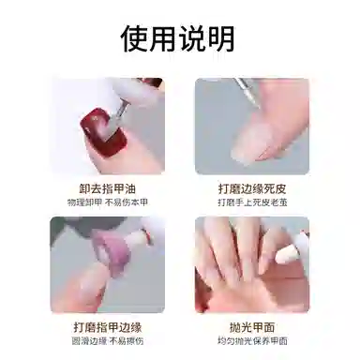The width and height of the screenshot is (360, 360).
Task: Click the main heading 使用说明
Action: click(177, 38)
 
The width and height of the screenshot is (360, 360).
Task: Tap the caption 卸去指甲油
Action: click(107, 189)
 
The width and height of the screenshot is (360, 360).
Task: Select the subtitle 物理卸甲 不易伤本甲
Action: click(107, 202)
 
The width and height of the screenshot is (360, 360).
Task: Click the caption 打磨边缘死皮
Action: click(252, 189)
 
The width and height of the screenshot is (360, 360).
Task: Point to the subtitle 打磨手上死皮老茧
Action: click(252, 202)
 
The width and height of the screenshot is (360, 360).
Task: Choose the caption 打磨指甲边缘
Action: click(108, 327)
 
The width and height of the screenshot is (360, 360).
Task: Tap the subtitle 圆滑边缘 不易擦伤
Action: click(108, 341)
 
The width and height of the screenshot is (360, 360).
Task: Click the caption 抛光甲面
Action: click(252, 327)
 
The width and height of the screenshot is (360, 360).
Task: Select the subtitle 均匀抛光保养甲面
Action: click(252, 341)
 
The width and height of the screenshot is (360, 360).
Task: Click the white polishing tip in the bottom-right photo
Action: click(285, 252)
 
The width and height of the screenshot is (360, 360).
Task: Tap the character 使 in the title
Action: click(135, 38)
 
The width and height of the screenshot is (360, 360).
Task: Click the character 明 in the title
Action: click(221, 38)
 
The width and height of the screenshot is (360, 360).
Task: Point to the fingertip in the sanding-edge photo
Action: click(84, 288)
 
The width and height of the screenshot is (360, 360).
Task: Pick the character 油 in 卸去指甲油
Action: click(130, 189)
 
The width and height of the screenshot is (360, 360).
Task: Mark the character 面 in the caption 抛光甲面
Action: click(269, 327)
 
